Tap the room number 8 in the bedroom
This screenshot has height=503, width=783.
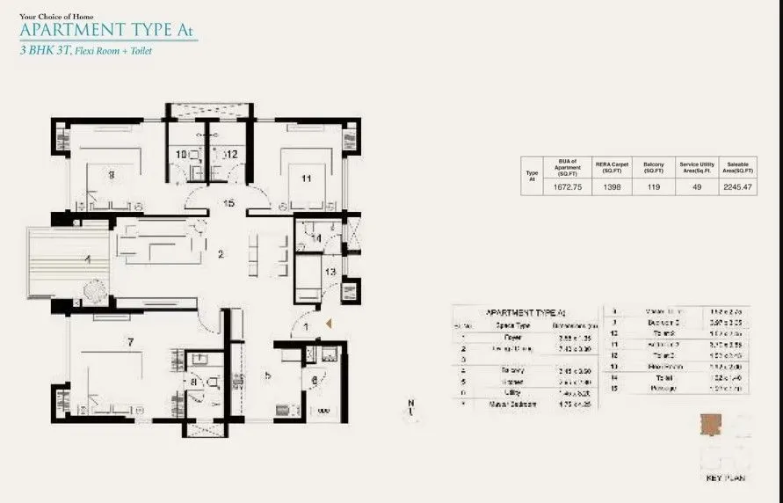click(112, 174)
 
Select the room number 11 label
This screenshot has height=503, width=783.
click(306, 179)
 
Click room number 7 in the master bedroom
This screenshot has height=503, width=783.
click(129, 340)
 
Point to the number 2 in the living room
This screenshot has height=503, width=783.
click(221, 255)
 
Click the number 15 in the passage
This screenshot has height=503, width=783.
click(229, 204)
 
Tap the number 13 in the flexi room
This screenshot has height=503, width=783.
click(330, 273)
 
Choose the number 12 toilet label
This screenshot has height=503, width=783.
click(231, 155)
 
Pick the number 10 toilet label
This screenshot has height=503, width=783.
click(181, 156)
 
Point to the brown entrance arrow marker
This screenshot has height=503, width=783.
click(329, 324)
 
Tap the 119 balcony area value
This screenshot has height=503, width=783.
click(653, 187)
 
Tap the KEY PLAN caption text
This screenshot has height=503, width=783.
click(726, 478)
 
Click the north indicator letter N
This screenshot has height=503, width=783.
click(410, 404)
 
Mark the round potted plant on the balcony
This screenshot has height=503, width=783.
click(92, 290)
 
